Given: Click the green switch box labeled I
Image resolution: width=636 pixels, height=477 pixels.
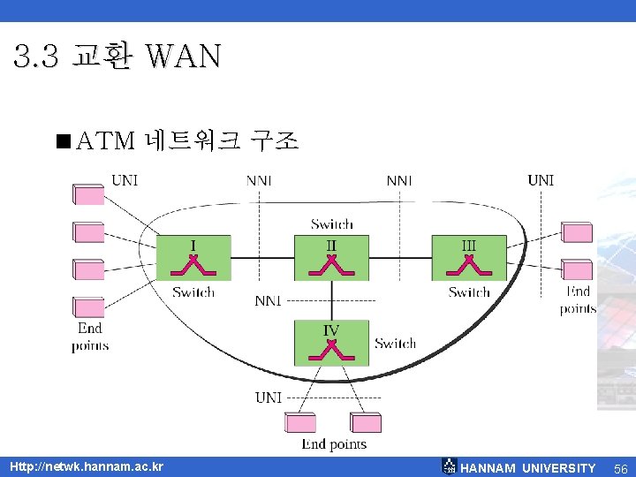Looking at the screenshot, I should tap(193, 257).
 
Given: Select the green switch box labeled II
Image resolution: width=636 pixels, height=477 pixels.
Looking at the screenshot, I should tap(331, 257).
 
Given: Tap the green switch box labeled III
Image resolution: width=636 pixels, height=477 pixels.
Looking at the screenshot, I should tap(469, 257).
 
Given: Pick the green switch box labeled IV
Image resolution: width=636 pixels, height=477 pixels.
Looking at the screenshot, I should tap(331, 343).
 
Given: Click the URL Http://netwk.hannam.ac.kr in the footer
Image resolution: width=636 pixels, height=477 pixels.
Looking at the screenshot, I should tap(86, 466).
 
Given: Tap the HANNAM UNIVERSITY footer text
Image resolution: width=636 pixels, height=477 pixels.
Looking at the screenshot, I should tap(528, 468).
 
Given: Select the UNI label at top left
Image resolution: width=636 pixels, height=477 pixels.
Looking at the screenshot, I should tap(125, 180).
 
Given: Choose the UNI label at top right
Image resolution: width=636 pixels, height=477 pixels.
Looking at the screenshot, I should tap(541, 180).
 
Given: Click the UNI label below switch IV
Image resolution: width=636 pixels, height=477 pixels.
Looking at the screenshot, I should tap(269, 397).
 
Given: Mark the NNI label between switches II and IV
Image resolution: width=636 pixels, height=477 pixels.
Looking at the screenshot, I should tap(268, 300).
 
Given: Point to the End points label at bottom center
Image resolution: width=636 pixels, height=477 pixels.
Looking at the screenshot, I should tap(334, 443).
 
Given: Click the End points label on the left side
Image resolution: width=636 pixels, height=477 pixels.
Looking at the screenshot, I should tap(90, 336).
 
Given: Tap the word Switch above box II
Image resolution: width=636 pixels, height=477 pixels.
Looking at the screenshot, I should tap(332, 224).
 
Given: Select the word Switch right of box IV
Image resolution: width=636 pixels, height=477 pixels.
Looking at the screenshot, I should tap(395, 343).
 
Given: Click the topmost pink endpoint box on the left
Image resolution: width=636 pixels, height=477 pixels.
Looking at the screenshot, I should tap(88, 194).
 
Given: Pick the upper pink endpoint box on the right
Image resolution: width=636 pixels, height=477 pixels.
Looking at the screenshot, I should tap(577, 232).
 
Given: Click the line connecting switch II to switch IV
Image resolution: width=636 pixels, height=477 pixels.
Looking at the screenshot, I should tap(331, 300).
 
